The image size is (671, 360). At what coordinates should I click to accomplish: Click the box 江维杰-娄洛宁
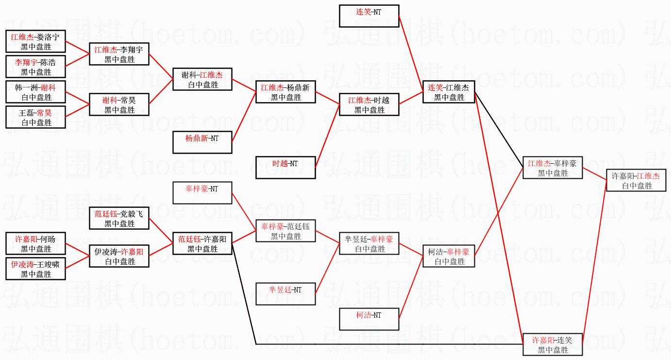pyautogui.click(x=36, y=41)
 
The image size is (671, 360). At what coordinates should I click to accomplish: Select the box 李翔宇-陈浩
pyautogui.click(x=36, y=67)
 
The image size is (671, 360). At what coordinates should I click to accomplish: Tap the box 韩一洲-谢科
pyautogui.click(x=36, y=92)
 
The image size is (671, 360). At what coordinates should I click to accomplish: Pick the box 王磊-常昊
pyautogui.click(x=36, y=117)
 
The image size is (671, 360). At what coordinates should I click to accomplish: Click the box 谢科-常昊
pyautogui.click(x=119, y=104)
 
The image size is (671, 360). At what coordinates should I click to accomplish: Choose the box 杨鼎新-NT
pyautogui.click(x=202, y=142)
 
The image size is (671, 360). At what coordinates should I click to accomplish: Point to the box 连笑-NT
pyautogui.click(x=369, y=16)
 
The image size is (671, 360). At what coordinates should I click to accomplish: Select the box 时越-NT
pyautogui.click(x=285, y=168)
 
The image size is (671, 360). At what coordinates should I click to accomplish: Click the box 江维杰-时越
pyautogui.click(x=369, y=104)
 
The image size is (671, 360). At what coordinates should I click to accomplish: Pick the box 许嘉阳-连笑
pyautogui.click(x=552, y=344)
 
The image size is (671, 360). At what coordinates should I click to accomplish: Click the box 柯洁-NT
pyautogui.click(x=369, y=319)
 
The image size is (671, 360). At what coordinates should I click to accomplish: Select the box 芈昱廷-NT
pyautogui.click(x=285, y=294)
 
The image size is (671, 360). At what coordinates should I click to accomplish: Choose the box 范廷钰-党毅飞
pyautogui.click(x=119, y=218)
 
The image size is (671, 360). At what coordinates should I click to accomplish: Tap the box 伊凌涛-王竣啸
pyautogui.click(x=36, y=269)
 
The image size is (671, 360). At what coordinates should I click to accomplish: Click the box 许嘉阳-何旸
pyautogui.click(x=36, y=243)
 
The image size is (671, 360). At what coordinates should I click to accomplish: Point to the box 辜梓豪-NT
pyautogui.click(x=202, y=193)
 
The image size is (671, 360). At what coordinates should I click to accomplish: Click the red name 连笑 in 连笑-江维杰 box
pyautogui.click(x=435, y=88)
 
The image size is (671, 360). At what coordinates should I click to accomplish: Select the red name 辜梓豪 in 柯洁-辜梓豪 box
pyautogui.click(x=458, y=252)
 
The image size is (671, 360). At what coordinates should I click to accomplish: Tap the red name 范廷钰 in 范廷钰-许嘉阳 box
pyautogui.click(x=189, y=240)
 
